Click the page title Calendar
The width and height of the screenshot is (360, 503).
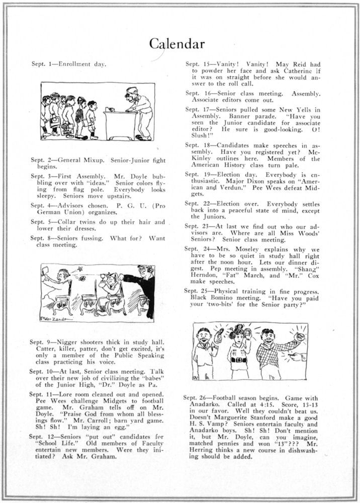click(x=179, y=44)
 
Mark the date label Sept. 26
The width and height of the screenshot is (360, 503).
click(x=194, y=397)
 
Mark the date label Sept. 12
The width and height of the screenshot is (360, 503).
click(x=40, y=433)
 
